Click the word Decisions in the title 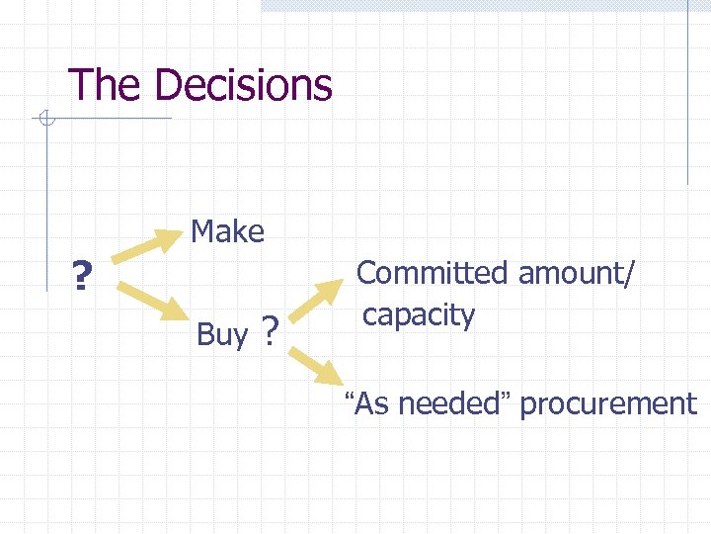click(243, 85)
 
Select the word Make click(227, 231)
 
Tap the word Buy click(222, 335)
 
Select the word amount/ click(577, 272)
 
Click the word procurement click(608, 403)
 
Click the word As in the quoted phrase click(371, 403)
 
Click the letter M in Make click(203, 231)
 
